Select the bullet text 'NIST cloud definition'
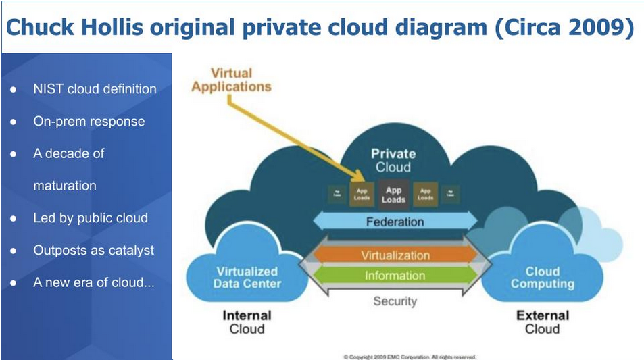(x=95, y=89)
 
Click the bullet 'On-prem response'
(x=89, y=122)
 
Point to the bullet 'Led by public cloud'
(x=90, y=218)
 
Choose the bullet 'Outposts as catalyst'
(x=93, y=250)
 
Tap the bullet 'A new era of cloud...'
(x=93, y=282)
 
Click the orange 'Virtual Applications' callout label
(x=231, y=80)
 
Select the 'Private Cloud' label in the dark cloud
(x=393, y=160)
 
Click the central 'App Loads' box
(x=393, y=195)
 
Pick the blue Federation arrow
(x=395, y=222)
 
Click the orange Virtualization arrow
(x=395, y=255)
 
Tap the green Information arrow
(x=395, y=276)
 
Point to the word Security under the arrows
(x=395, y=301)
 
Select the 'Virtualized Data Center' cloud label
(x=247, y=278)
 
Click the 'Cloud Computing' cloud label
(x=543, y=278)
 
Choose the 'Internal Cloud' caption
(x=247, y=322)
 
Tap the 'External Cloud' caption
(x=543, y=322)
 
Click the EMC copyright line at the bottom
(x=410, y=356)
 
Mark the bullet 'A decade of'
(x=68, y=153)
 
